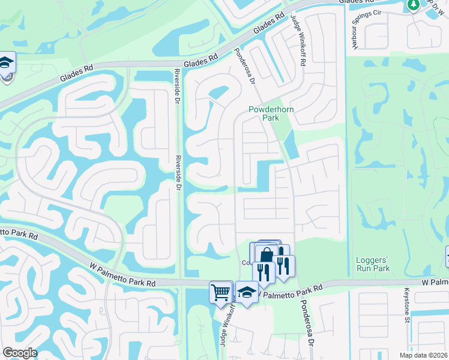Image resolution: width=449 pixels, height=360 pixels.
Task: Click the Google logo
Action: [20, 353]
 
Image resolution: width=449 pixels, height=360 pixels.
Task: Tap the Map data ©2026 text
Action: [423, 355]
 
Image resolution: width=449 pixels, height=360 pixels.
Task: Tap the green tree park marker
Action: [413, 5]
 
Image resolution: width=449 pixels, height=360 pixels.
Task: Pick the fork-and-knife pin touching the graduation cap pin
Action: [264, 271]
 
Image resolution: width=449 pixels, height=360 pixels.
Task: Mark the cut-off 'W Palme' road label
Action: [435, 281]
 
